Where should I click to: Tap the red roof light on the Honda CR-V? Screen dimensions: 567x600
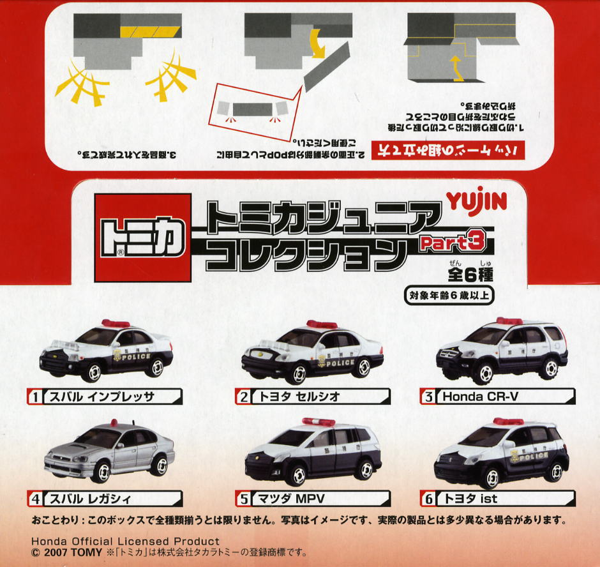point(509,321)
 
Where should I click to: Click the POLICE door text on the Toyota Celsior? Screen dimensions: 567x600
point(338,363)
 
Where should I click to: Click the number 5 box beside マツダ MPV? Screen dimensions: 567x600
point(244,499)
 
